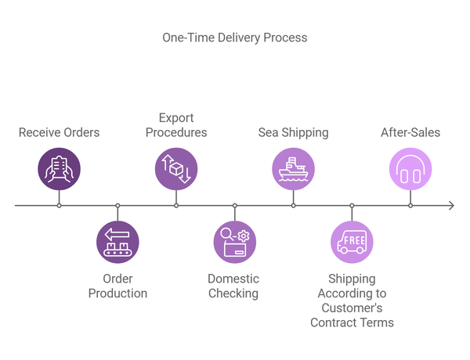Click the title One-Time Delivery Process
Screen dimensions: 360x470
pos(235,38)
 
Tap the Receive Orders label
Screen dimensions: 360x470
pos(60,132)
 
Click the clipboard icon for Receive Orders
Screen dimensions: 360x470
pos(60,169)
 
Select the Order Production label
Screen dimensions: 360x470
pos(117,286)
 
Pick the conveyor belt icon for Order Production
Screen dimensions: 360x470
pos(117,242)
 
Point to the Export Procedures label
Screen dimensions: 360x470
pos(176,125)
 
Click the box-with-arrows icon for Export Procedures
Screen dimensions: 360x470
pos(176,169)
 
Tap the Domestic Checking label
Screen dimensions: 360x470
pos(233,286)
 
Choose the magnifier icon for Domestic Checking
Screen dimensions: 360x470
pos(234,242)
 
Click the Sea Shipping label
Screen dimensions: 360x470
pos(293,132)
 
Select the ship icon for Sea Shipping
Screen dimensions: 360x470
pos(293,169)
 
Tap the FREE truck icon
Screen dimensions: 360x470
pos(352,242)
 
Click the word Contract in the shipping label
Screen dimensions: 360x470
pos(333,322)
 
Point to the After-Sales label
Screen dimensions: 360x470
pos(410,132)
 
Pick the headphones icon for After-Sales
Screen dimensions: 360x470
pos(410,169)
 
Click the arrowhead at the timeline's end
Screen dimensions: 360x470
pos(450,206)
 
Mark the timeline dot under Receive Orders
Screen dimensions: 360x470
pos(60,206)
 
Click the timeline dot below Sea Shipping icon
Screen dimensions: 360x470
pos(293,206)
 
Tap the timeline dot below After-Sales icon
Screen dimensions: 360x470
pos(410,206)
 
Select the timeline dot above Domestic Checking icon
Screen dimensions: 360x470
pos(234,206)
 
